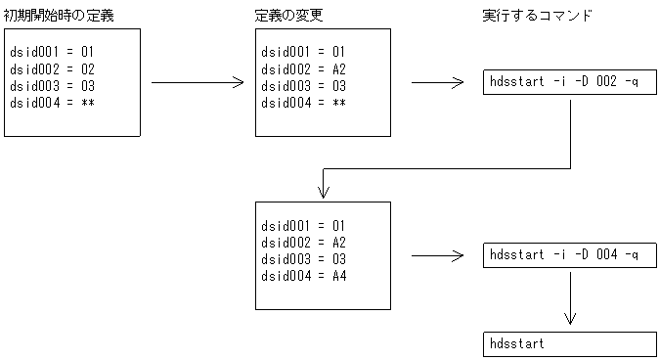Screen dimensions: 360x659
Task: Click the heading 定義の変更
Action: tap(285, 17)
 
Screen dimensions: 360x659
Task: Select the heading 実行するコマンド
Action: tap(537, 17)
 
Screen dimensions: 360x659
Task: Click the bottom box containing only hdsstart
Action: tap(569, 344)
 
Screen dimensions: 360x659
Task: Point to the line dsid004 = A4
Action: tap(304, 276)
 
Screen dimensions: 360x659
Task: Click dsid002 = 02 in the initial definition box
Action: tap(53, 68)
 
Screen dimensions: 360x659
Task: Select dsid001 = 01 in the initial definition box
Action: tap(53, 52)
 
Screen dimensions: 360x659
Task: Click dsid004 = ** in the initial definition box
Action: tap(53, 103)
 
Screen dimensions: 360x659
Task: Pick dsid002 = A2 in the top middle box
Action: tap(304, 68)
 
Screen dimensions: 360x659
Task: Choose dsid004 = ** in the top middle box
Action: tap(304, 103)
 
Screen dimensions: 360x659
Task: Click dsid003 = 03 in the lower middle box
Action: tap(304, 259)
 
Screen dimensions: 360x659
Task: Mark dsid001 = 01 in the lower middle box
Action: tap(304, 225)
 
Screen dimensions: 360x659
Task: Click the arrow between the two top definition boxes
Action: tap(197, 83)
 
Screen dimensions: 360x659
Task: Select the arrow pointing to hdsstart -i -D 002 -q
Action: tap(437, 83)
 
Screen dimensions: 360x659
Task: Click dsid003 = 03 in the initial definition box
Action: tap(53, 86)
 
